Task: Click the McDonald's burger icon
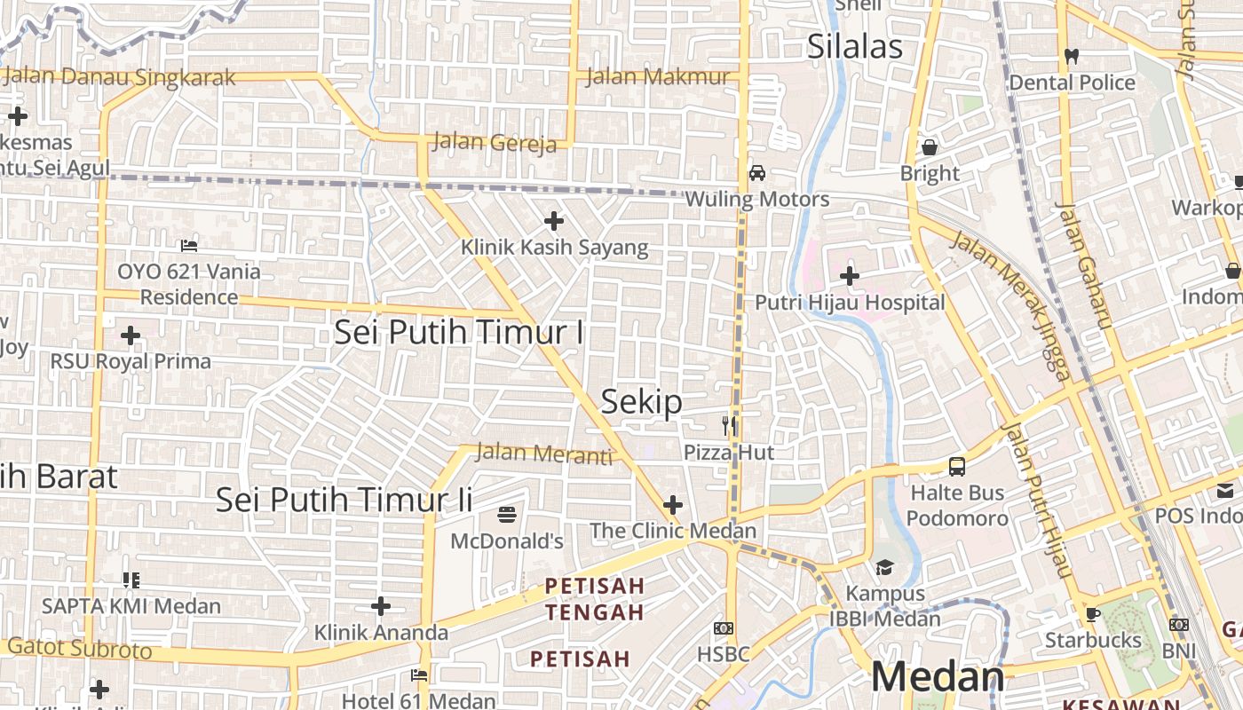coord(507,514)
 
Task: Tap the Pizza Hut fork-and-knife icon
coord(730,426)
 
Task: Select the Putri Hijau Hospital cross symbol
coord(850,276)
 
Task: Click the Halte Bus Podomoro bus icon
coord(957,466)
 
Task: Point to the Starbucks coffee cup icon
coord(1092,614)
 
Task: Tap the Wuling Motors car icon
coord(757,173)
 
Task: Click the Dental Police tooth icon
coord(1072,56)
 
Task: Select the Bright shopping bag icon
coord(930,146)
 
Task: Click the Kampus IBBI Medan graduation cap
coord(884,567)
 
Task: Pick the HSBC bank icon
coord(724,628)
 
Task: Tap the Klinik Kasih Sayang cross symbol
coord(554,221)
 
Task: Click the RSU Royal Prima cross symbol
coord(131,335)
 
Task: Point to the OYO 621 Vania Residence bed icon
coord(189,245)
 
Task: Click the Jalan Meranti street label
coord(544,454)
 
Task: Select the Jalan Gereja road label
coord(495,142)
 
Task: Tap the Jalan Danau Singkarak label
coord(120,77)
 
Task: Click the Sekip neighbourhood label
coord(642,402)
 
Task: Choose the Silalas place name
coord(854,47)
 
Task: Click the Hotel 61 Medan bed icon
coord(420,675)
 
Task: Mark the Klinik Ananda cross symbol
coord(381,606)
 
